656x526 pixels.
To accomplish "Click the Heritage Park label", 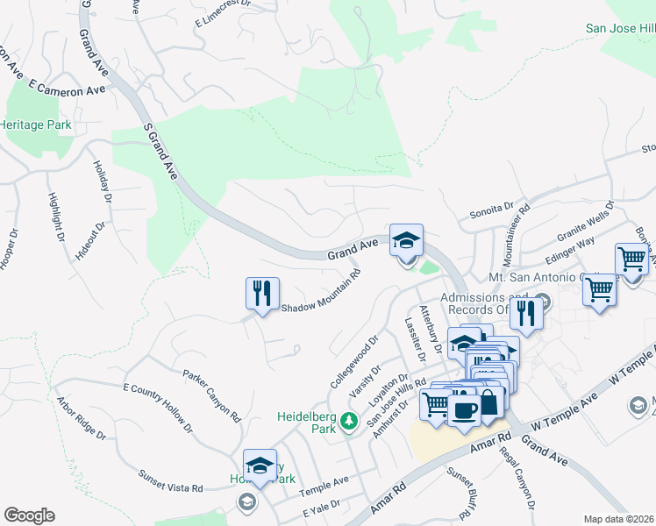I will coord(36,125).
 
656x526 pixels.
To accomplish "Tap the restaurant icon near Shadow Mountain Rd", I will coord(262,293).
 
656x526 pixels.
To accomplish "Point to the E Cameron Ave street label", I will coord(67,89).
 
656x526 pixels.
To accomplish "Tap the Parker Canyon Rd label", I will coord(212,395).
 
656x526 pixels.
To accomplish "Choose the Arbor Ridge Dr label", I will coord(81,420).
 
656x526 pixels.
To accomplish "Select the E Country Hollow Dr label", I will coord(158,407).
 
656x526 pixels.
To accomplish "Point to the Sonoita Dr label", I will coord(490,210).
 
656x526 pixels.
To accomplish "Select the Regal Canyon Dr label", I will coord(517,477).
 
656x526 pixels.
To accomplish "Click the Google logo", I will coord(29,515).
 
